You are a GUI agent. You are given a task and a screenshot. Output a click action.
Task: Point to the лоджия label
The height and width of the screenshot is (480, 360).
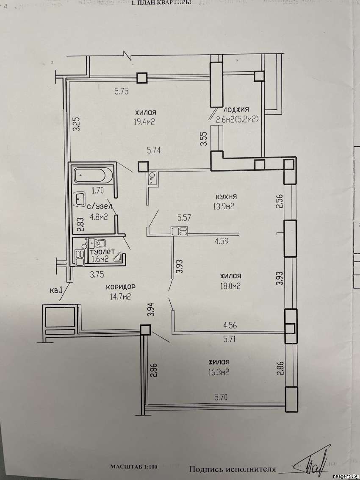coord(236,109)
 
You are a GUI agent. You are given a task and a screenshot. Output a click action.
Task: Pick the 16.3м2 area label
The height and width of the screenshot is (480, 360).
coord(219,372)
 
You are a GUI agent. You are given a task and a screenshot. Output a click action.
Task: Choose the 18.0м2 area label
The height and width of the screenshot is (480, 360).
coord(230,286)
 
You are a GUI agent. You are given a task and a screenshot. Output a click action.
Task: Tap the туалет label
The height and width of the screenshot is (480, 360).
coord(102,252)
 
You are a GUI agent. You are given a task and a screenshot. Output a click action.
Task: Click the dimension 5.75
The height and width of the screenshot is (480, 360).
coord(122,91)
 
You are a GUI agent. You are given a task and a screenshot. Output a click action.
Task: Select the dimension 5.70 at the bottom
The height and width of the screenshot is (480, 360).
coord(221,397)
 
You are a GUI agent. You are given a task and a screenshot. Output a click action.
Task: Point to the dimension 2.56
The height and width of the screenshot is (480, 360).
coord(279,201)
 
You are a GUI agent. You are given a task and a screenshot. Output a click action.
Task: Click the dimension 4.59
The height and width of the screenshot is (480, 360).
coord(222,241)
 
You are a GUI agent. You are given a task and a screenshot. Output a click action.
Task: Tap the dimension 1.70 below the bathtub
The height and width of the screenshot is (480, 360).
coord(98,190)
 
